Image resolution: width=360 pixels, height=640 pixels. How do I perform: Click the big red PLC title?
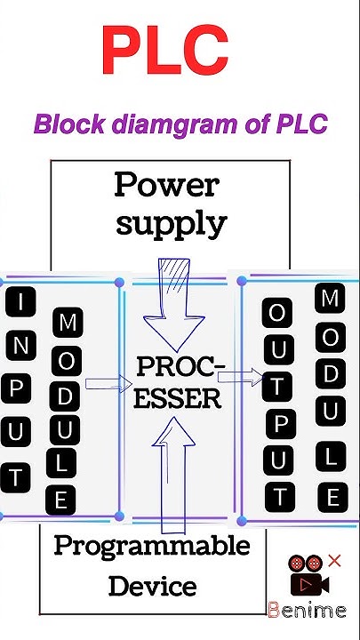(x=164, y=50)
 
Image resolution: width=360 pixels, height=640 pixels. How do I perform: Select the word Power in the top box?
(x=165, y=186)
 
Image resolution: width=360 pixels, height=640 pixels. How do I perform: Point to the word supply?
(x=172, y=222)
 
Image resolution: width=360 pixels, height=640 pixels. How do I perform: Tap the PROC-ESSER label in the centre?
(x=180, y=382)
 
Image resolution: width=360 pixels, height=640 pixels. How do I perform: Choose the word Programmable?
(x=152, y=546)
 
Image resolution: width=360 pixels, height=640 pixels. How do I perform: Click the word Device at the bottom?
(x=152, y=587)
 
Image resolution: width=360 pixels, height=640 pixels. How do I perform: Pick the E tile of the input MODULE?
(x=60, y=500)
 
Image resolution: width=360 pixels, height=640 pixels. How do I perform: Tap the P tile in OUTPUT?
(x=278, y=425)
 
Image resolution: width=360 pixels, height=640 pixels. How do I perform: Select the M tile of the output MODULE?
(x=329, y=299)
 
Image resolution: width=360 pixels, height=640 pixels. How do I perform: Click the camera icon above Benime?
(x=307, y=580)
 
